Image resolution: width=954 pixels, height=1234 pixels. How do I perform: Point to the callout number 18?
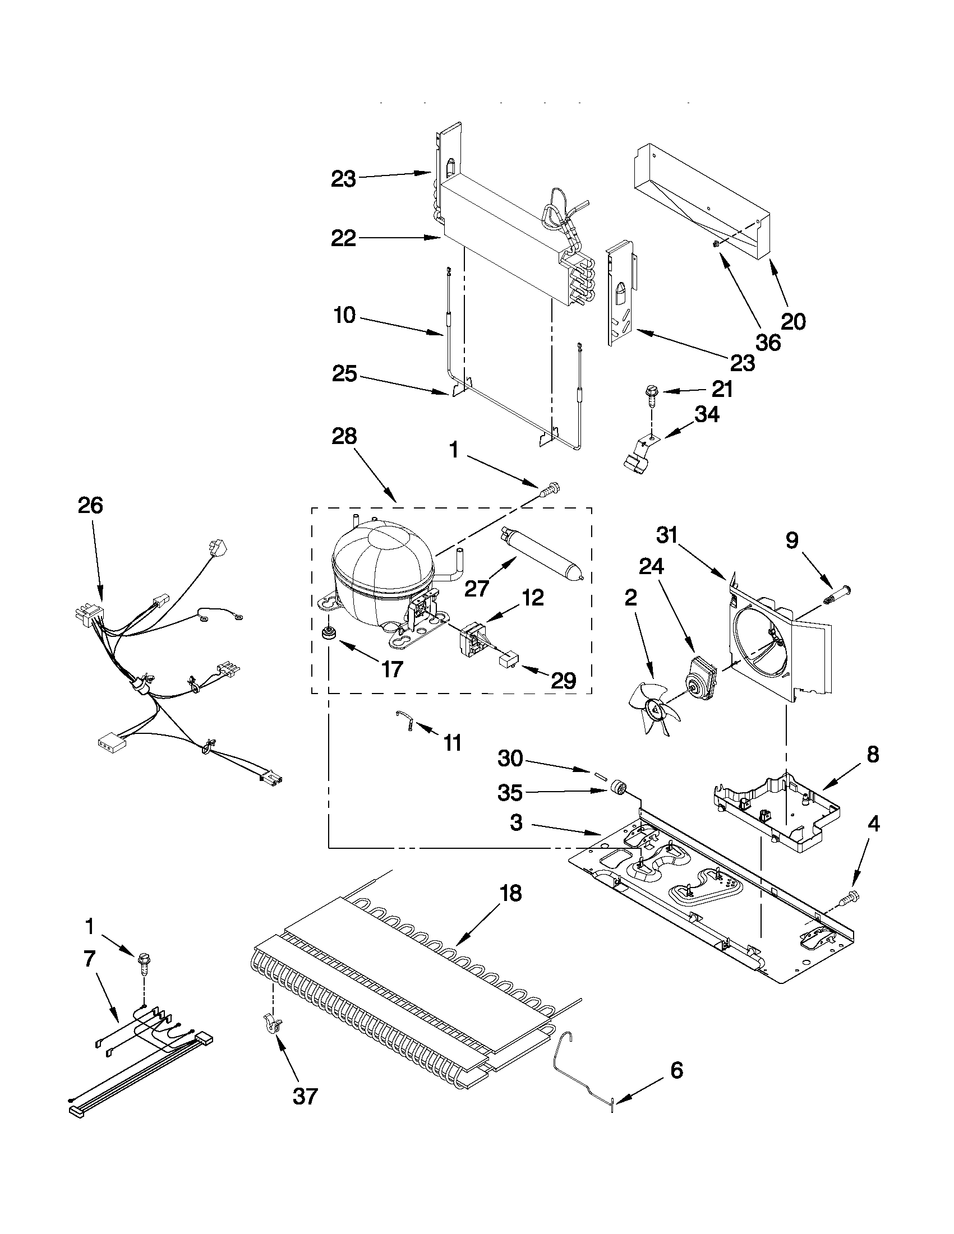click(510, 894)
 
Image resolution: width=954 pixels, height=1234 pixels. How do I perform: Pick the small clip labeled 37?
click(273, 1023)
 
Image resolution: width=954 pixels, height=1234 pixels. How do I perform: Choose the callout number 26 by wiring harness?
click(90, 505)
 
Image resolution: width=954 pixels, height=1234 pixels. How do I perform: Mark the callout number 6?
click(676, 1070)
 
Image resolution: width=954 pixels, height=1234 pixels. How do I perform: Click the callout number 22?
click(344, 238)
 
